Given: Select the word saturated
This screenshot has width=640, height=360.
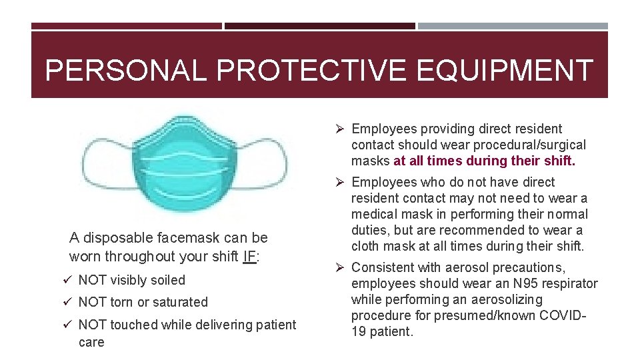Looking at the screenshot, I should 180,302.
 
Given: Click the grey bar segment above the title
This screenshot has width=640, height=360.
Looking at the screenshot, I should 513,27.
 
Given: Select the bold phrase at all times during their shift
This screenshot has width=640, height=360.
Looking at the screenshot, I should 485,161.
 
